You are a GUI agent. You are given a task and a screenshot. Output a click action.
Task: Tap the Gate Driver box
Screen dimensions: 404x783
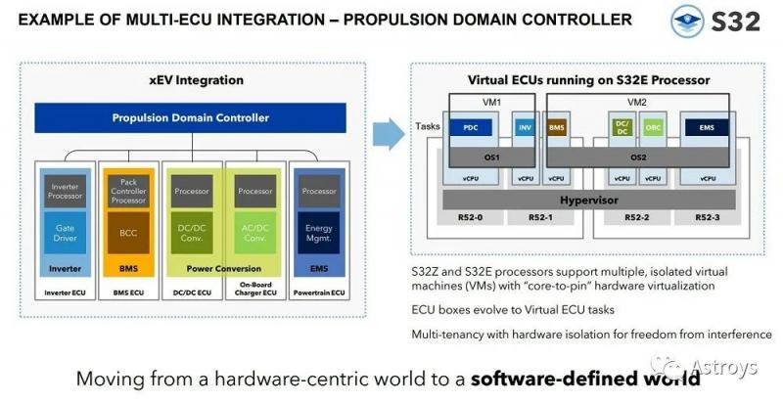point(65,232)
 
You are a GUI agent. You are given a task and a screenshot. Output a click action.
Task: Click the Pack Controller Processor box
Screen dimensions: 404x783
point(127,189)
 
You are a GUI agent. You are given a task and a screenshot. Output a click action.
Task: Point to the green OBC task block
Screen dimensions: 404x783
point(653,127)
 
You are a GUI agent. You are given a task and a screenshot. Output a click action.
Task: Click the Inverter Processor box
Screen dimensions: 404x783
point(65,189)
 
